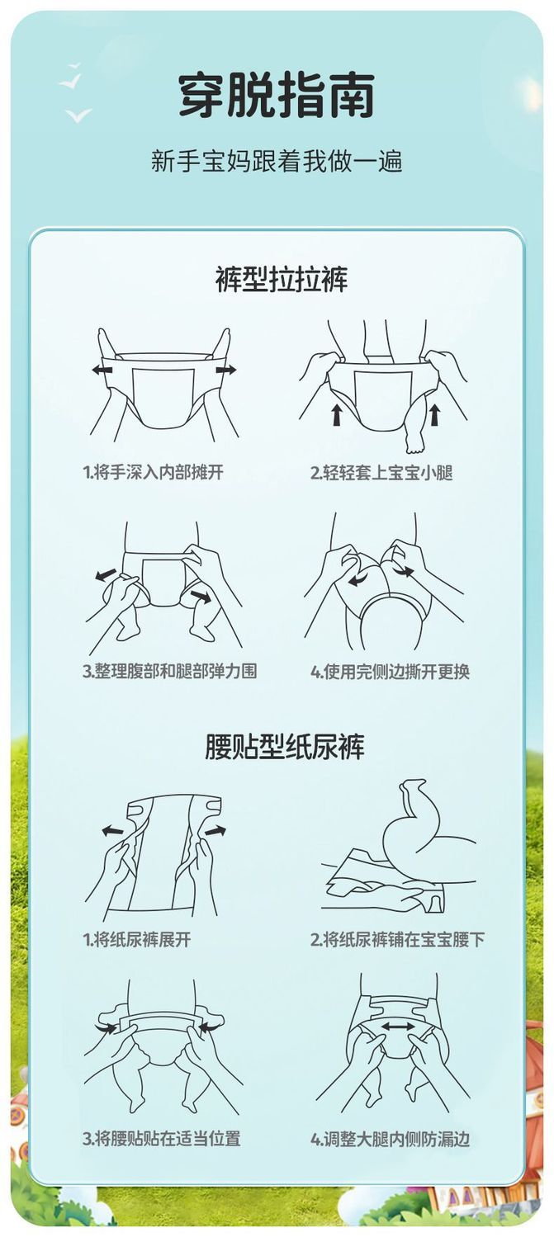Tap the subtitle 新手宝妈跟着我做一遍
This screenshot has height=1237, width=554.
tap(277, 161)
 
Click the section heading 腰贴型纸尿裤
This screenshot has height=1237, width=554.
tap(285, 746)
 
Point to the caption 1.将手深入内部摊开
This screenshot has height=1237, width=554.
tap(153, 472)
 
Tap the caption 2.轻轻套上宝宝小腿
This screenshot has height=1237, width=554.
tap(381, 473)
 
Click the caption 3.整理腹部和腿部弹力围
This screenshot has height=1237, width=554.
tap(169, 671)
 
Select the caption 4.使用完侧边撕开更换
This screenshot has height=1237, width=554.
tap(390, 672)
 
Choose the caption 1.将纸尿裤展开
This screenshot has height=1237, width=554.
tap(137, 939)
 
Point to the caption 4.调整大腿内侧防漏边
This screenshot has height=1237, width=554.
tap(390, 1139)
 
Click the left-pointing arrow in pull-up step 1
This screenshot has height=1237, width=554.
tap(102, 370)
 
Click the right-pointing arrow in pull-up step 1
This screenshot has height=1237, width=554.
tap(226, 370)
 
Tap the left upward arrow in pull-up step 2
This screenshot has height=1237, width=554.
tap(336, 415)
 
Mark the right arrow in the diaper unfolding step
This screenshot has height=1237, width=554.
tap(215, 830)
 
